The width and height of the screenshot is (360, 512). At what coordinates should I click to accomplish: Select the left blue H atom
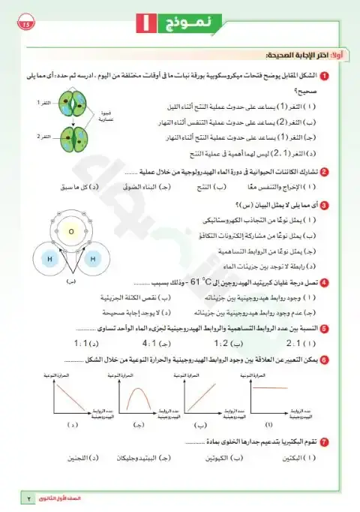pos(49,259)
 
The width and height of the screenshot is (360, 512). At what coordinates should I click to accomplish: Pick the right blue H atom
pos(94,259)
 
